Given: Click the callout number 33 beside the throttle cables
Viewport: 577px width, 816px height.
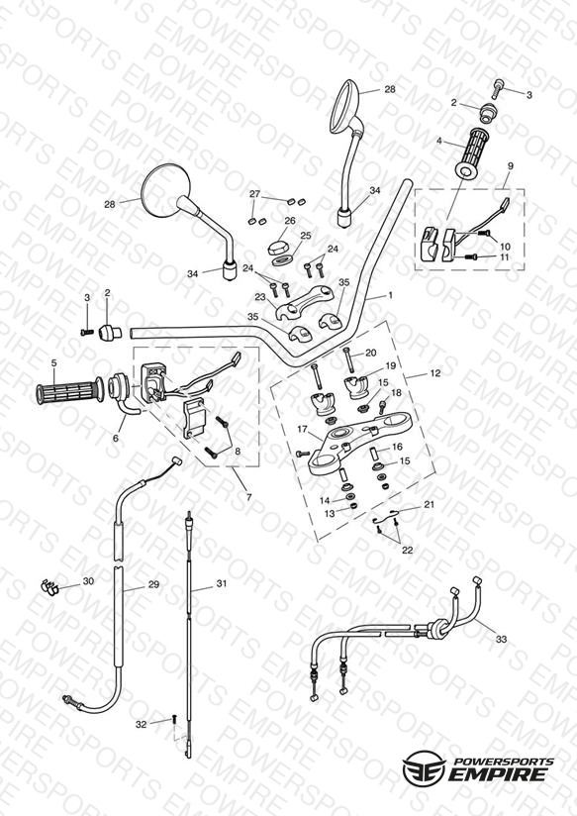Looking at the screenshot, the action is tap(501, 639).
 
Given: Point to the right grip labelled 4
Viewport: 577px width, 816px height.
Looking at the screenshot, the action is tap(473, 153).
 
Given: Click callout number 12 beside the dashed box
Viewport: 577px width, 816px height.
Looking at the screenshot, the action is tap(434, 373).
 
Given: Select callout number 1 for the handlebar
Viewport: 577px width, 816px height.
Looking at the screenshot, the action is tap(390, 295).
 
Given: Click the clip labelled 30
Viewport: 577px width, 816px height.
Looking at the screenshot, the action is tap(49, 587).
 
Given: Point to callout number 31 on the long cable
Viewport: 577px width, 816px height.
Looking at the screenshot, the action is tap(222, 583).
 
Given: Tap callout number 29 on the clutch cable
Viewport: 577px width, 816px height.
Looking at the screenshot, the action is tap(153, 584).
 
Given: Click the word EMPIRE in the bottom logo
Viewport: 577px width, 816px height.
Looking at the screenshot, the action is tap(499, 774).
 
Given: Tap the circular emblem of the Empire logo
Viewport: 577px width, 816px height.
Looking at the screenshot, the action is tap(424, 767).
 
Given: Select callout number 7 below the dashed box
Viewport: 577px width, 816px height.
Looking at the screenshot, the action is tap(248, 497).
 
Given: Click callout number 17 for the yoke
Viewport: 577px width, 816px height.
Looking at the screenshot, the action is tap(303, 429).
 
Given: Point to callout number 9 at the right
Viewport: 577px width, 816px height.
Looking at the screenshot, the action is tap(511, 166).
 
